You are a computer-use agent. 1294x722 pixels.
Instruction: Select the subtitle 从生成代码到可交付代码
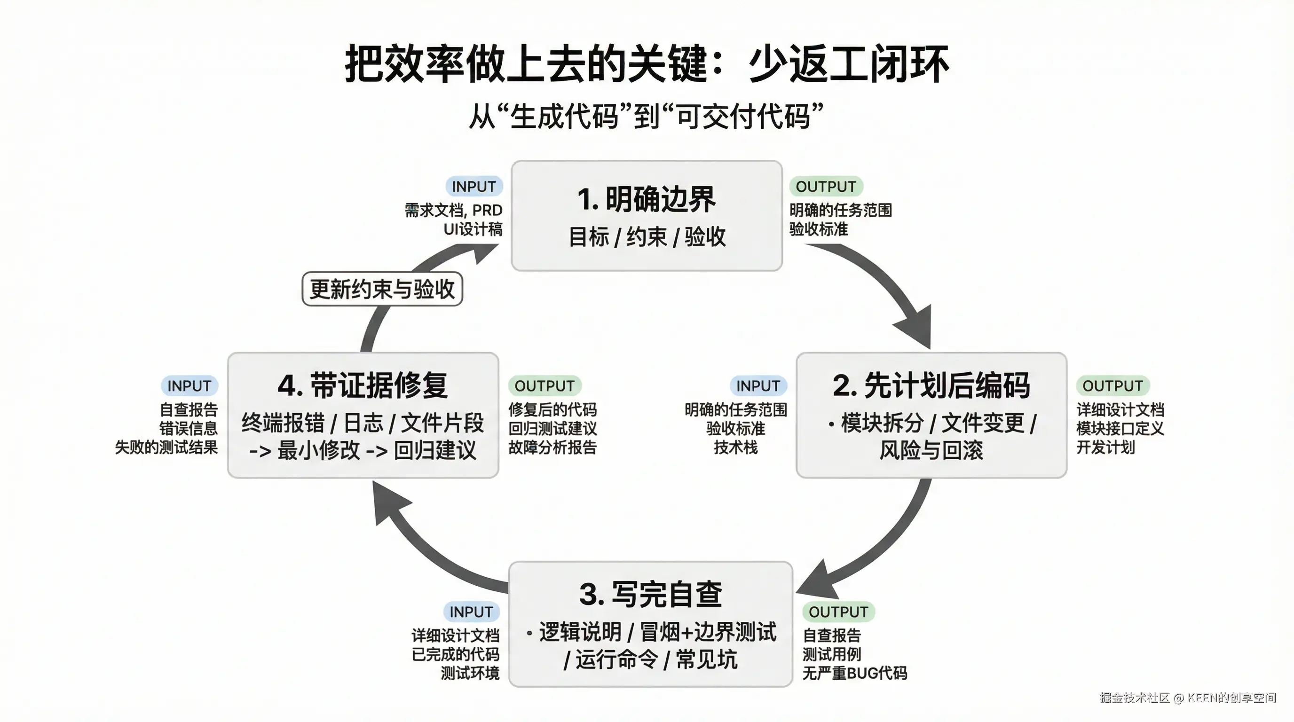(646, 117)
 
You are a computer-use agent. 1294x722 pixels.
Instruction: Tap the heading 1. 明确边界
(647, 199)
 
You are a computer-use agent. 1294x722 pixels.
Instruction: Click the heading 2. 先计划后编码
(931, 385)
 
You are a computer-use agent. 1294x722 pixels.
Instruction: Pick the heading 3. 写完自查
(650, 594)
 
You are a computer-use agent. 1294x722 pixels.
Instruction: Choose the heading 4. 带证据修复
(362, 385)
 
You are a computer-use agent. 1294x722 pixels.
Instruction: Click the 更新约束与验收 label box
(382, 289)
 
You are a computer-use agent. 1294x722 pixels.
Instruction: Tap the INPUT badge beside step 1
(473, 187)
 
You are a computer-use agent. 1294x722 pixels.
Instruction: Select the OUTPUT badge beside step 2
(1112, 385)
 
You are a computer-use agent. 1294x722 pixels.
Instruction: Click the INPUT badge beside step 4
(189, 385)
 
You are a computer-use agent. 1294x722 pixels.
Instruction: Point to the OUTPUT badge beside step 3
(838, 612)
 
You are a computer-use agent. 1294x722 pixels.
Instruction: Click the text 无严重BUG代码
(854, 673)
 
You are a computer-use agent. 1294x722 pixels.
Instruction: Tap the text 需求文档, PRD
(453, 210)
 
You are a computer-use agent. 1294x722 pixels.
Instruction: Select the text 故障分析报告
(552, 447)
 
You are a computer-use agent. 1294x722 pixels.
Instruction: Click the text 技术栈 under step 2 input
(735, 447)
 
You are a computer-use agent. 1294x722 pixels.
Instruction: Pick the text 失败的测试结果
(166, 447)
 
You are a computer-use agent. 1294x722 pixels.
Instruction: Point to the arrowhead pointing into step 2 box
(917, 329)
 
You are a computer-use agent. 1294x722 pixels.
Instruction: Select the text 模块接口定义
(1120, 428)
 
